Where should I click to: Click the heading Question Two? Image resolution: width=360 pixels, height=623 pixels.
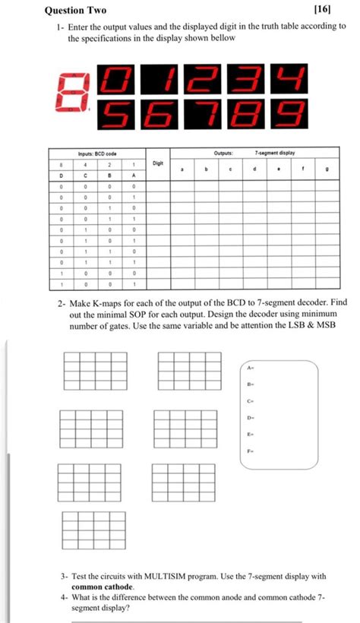[x=75, y=10]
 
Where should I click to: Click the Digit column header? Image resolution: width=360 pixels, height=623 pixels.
[x=158, y=163]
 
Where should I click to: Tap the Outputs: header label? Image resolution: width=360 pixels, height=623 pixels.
[x=223, y=152]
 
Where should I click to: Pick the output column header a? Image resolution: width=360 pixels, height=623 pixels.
[x=182, y=170]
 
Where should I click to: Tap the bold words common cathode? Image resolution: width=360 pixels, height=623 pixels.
[x=102, y=587]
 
